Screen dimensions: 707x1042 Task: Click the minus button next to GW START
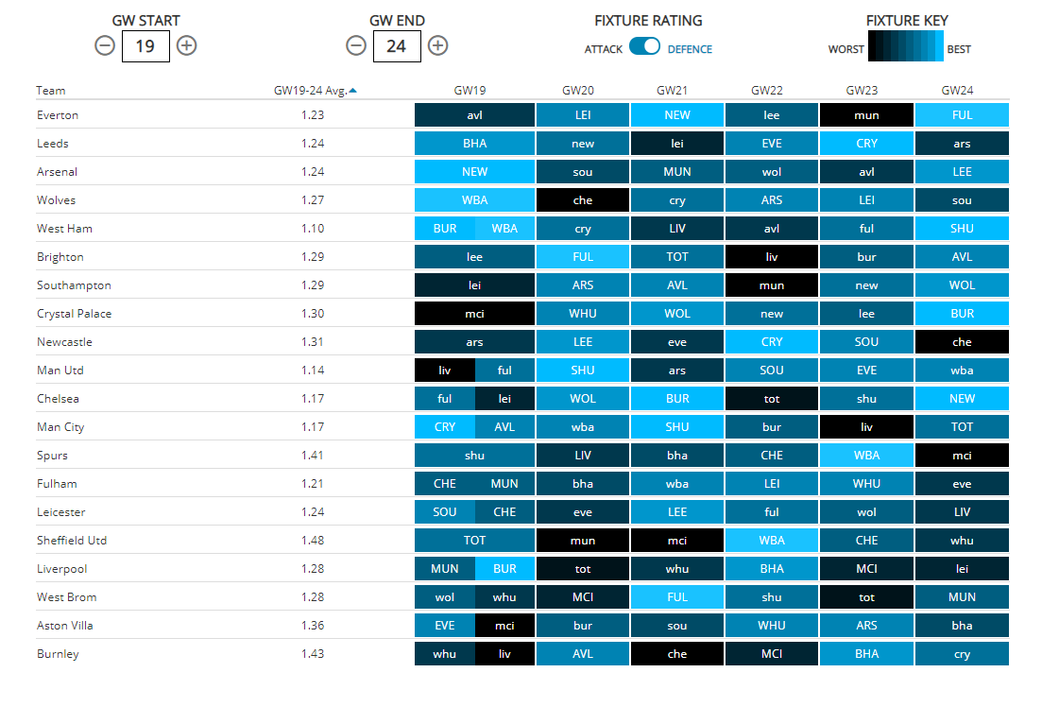(x=105, y=45)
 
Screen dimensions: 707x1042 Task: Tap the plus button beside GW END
(x=437, y=45)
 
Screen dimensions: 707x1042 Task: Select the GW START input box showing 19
(x=145, y=45)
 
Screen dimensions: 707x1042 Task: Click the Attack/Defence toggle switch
(x=644, y=46)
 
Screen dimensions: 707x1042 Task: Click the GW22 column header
(x=767, y=91)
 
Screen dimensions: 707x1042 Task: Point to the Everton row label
(x=58, y=115)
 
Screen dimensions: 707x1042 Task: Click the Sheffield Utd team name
(x=72, y=541)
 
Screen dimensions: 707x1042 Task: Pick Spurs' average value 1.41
(x=313, y=456)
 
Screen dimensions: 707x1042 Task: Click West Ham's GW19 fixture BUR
(x=445, y=229)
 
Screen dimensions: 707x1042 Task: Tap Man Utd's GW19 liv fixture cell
(x=445, y=371)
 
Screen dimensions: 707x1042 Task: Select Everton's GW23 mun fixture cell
(x=866, y=115)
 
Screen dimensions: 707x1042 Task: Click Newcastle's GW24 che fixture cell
(x=962, y=342)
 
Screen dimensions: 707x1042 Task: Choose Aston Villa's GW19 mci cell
(x=504, y=626)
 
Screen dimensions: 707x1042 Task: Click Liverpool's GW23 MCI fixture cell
(x=866, y=569)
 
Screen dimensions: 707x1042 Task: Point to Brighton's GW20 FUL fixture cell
(x=583, y=257)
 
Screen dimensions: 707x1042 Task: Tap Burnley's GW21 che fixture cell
(x=677, y=654)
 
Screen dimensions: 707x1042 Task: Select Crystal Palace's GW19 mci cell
(x=474, y=314)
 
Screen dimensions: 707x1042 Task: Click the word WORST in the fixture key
(x=846, y=49)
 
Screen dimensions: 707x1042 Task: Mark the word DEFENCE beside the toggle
(x=690, y=49)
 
